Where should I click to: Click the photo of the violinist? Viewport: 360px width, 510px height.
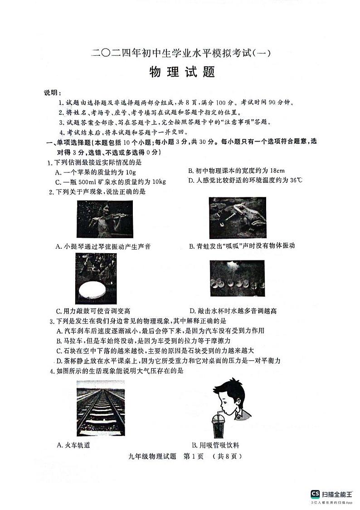pyautogui.click(x=105, y=219)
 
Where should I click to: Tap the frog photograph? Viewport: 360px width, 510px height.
pyautogui.click(x=237, y=218)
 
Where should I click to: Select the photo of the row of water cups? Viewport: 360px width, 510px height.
pyautogui.click(x=237, y=278)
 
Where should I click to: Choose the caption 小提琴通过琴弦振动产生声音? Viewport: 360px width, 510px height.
pyautogui.click(x=103, y=246)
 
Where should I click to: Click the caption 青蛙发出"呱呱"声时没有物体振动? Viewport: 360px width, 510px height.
pyautogui.click(x=242, y=246)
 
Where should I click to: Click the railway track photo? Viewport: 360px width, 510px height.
pyautogui.click(x=100, y=408)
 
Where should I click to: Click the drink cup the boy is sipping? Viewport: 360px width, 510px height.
pyautogui.click(x=217, y=427)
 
